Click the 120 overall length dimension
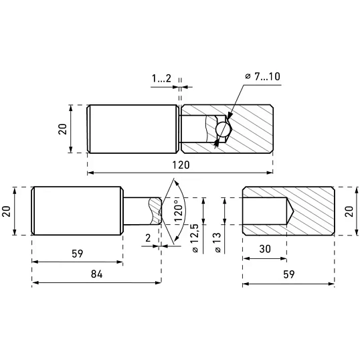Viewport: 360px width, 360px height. coord(181,165)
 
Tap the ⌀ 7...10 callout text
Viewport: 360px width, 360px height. coord(262,76)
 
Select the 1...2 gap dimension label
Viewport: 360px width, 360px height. coord(162,78)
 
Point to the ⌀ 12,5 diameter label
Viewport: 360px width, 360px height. coord(194,238)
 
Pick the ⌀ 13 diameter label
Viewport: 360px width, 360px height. coord(217,243)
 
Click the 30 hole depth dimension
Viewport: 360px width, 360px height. coord(265,249)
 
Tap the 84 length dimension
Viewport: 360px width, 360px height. coord(96,274)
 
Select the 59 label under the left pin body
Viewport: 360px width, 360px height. coord(77,254)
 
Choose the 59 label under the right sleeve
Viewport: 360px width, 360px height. coord(288,274)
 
